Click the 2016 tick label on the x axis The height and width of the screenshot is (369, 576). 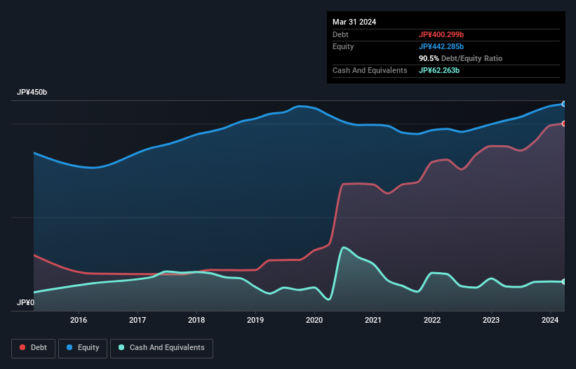(x=79, y=321)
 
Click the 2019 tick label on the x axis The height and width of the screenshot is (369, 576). (x=255, y=321)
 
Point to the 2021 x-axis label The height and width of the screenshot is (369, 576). (x=373, y=321)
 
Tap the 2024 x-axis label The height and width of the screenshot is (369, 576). (x=550, y=321)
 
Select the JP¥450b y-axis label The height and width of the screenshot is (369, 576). (x=32, y=93)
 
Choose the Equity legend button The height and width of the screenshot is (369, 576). (x=83, y=347)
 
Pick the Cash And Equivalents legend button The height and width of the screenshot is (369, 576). (x=161, y=347)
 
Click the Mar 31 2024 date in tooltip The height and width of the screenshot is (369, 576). (x=354, y=22)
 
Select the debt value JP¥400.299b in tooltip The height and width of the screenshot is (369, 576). (x=441, y=34)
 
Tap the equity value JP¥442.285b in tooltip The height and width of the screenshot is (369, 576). (x=441, y=46)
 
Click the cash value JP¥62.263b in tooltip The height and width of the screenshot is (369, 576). (x=439, y=70)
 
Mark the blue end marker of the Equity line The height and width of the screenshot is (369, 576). (x=563, y=104)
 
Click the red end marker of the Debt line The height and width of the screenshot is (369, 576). (x=563, y=123)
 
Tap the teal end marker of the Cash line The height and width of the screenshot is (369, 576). (x=563, y=281)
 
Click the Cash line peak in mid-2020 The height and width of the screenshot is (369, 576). (x=343, y=248)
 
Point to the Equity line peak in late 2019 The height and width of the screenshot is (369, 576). (x=300, y=106)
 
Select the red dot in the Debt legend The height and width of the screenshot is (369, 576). (x=23, y=347)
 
